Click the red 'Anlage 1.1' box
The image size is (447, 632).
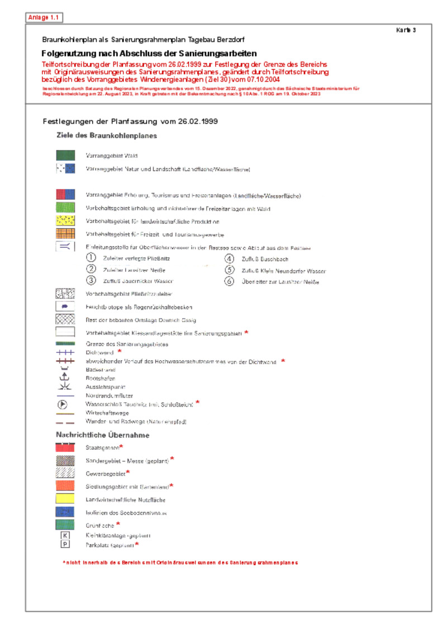(x=44, y=18)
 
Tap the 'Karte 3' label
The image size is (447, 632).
(x=406, y=30)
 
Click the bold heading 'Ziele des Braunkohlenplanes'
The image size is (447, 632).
(x=106, y=135)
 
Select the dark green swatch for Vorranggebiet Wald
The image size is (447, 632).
(x=65, y=155)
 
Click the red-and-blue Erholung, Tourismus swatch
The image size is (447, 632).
(x=65, y=195)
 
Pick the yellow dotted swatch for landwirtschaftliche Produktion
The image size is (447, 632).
(x=65, y=221)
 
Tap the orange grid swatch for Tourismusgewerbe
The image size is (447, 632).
(x=65, y=234)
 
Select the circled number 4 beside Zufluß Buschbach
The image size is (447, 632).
(x=229, y=258)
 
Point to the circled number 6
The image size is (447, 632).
(x=229, y=281)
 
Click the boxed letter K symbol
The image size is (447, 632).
(x=65, y=535)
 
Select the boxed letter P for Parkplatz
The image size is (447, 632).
(x=65, y=544)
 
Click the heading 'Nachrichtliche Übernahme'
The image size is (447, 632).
(x=102, y=435)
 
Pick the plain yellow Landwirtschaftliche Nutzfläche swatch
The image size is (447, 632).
(x=65, y=499)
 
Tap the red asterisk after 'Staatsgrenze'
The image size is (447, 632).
(x=121, y=446)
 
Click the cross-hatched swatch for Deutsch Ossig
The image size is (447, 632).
(x=65, y=319)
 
